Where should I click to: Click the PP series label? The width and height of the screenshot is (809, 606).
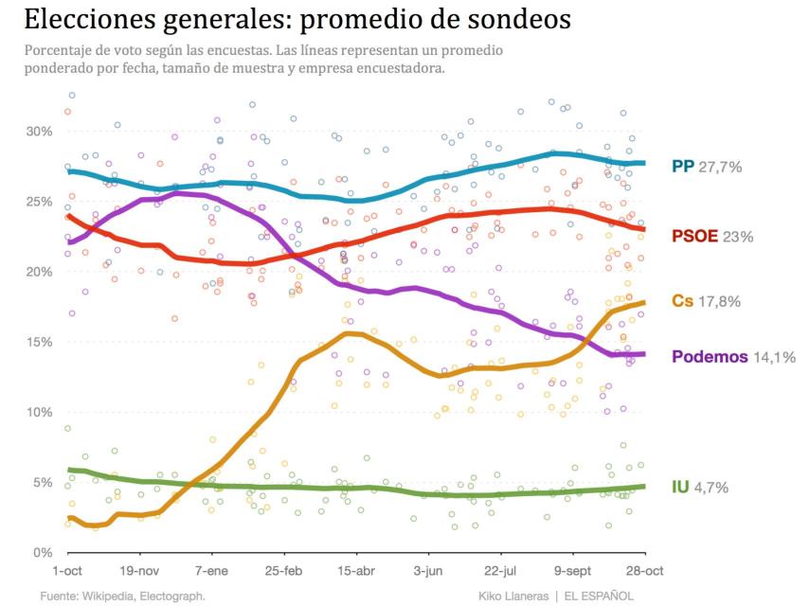[x=682, y=167]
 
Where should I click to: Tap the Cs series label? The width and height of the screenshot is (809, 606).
[x=682, y=301]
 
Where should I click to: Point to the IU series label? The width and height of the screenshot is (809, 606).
[x=680, y=488]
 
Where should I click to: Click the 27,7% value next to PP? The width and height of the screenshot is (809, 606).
[x=720, y=167]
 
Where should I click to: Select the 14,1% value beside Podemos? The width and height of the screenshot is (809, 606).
[x=774, y=357]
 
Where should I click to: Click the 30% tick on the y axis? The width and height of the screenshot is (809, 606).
[x=40, y=132]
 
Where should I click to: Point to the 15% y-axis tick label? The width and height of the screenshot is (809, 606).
[x=40, y=342]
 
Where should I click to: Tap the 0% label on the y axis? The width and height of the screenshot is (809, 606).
[x=44, y=552]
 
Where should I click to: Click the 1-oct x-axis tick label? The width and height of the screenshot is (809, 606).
[x=67, y=573]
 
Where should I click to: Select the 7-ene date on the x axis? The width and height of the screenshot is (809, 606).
[x=211, y=573]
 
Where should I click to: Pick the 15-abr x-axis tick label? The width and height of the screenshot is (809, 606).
[x=356, y=573]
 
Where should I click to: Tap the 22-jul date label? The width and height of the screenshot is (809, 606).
[x=500, y=573]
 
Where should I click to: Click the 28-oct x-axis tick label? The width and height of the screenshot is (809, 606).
[x=644, y=573]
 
